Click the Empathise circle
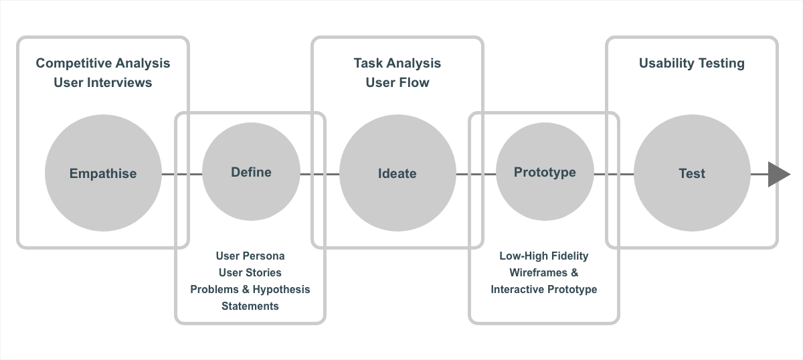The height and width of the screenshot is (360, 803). pyautogui.click(x=103, y=173)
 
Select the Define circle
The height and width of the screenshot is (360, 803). pyautogui.click(x=251, y=173)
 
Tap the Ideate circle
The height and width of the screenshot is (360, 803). pyautogui.click(x=397, y=173)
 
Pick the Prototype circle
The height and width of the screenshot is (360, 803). pyautogui.click(x=545, y=173)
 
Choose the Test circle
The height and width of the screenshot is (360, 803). pyautogui.click(x=692, y=173)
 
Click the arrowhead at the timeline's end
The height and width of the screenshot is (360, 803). pyautogui.click(x=778, y=174)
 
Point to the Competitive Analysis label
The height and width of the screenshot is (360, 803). pyautogui.click(x=103, y=63)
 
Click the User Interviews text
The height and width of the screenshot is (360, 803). pyautogui.click(x=103, y=82)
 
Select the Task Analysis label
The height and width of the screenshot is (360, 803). pyautogui.click(x=397, y=63)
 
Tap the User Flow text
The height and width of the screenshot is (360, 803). pyautogui.click(x=397, y=82)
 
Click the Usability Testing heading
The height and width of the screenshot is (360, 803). pyautogui.click(x=692, y=63)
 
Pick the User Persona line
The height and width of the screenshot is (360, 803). pyautogui.click(x=250, y=256)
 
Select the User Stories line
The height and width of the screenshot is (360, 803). pyautogui.click(x=250, y=272)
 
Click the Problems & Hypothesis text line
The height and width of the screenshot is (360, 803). pyautogui.click(x=250, y=289)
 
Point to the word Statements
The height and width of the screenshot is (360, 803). pyautogui.click(x=250, y=306)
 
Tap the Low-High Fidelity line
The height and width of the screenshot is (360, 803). pyautogui.click(x=544, y=256)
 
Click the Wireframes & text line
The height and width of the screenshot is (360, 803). pyautogui.click(x=544, y=272)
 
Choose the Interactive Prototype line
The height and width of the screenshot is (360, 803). pyautogui.click(x=544, y=289)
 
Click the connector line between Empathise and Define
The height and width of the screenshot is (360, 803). pyautogui.click(x=182, y=174)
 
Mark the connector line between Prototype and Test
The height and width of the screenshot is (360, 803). pyautogui.click(x=614, y=174)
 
